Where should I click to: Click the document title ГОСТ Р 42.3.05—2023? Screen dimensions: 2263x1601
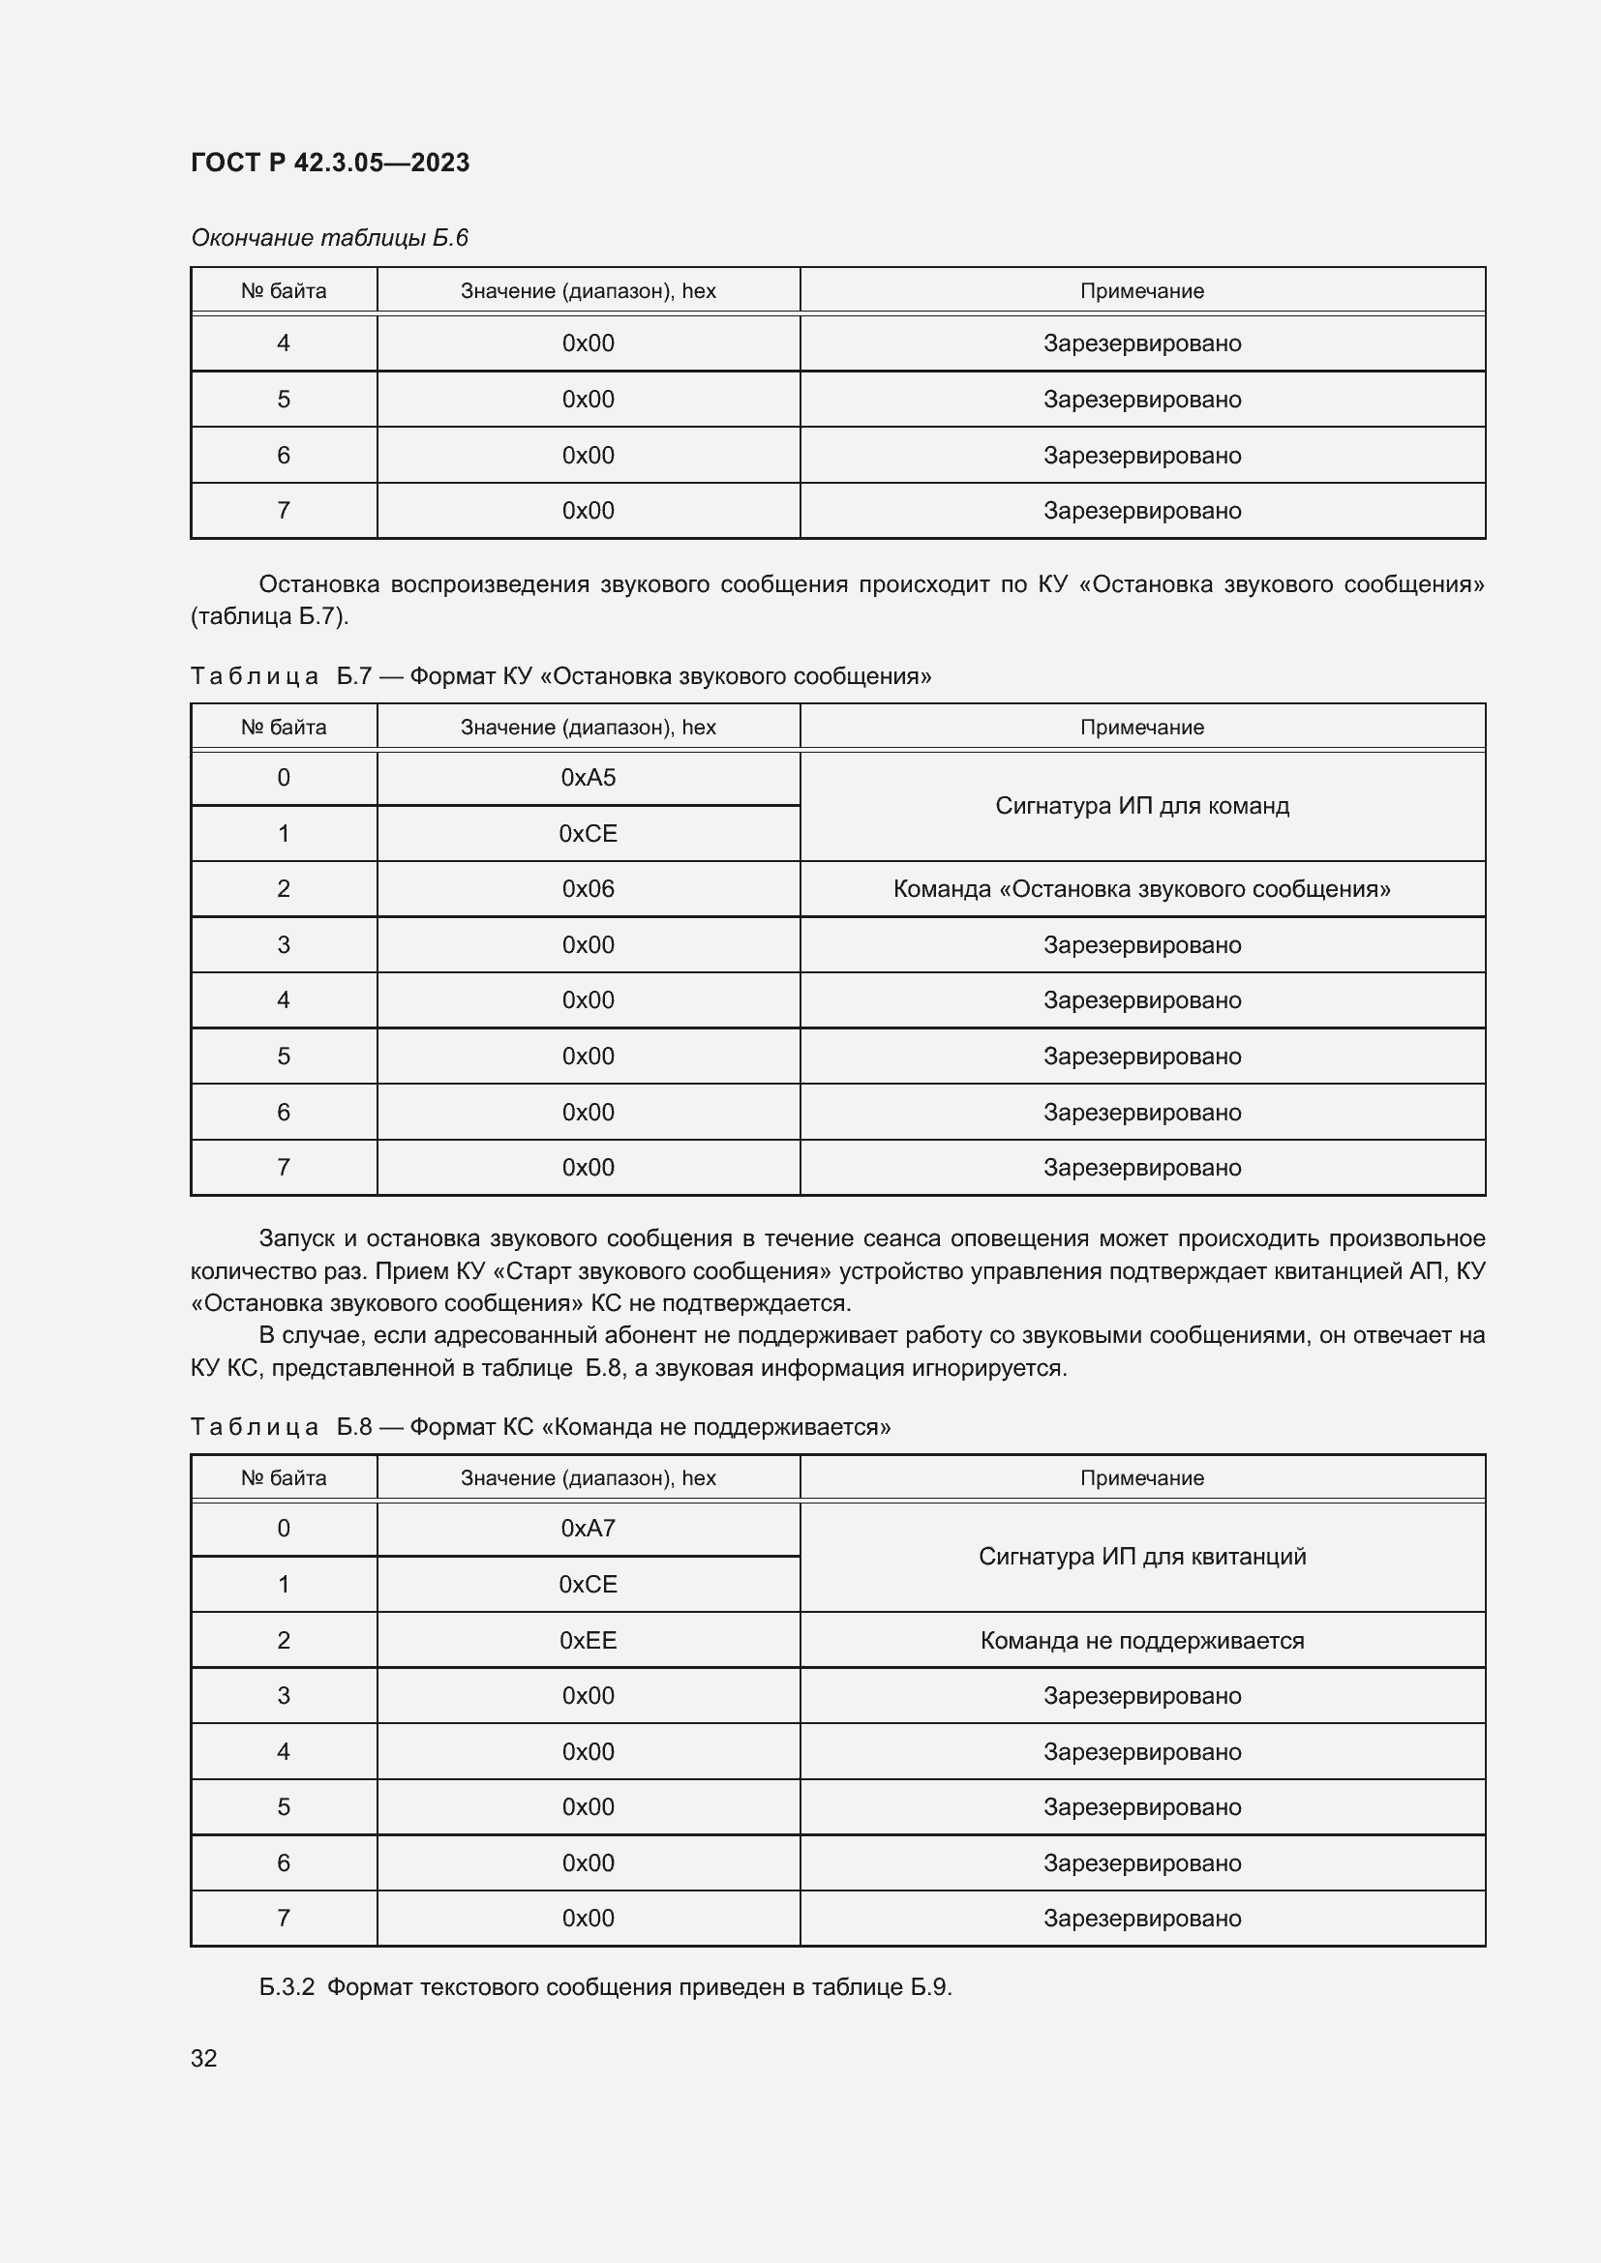(x=329, y=163)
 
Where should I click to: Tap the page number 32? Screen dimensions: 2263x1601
(x=203, y=2058)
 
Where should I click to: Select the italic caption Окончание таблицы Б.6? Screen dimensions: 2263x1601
(x=329, y=238)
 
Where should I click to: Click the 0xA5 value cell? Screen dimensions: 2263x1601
(x=588, y=778)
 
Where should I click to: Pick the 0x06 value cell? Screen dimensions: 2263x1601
(x=588, y=889)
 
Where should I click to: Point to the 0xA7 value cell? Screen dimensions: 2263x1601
(x=588, y=1529)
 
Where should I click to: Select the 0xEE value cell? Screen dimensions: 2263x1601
(x=588, y=1640)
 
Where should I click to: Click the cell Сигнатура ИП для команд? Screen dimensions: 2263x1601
(x=1141, y=806)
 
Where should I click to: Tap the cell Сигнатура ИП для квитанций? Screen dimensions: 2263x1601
(x=1141, y=1557)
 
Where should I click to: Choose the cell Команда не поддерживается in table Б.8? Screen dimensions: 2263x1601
(x=1141, y=1640)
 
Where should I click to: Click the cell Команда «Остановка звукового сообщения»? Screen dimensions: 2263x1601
(x=1141, y=889)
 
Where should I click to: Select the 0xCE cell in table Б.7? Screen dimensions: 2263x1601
(x=588, y=834)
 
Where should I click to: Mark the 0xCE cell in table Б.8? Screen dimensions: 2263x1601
(x=588, y=1584)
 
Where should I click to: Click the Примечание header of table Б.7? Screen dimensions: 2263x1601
(x=1141, y=728)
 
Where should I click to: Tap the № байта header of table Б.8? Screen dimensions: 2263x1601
(x=283, y=1477)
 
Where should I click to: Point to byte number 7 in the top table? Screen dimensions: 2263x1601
(x=283, y=511)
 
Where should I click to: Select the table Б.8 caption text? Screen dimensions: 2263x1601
(x=540, y=1426)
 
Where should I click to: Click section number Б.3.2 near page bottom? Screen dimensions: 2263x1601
(x=286, y=1986)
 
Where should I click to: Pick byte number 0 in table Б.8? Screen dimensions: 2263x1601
(x=283, y=1529)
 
